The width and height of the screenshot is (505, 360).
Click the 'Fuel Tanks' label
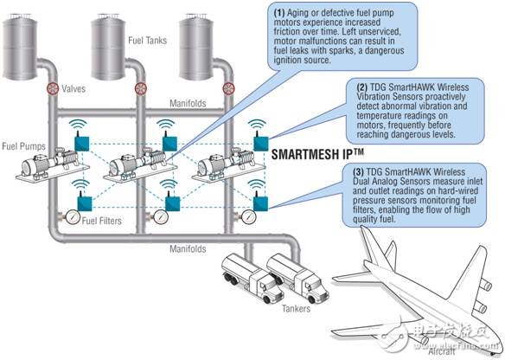pos(148,41)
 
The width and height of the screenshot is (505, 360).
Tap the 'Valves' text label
pos(74,88)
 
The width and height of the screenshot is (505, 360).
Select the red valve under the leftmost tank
pos(53,88)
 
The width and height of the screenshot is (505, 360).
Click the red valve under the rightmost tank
pos(228,88)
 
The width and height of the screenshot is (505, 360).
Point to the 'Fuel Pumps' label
pos(24,146)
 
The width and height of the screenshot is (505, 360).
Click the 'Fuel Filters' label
pos(102,221)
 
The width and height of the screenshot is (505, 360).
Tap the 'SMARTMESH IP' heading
pos(317,154)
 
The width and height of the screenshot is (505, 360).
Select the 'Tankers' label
pos(297,308)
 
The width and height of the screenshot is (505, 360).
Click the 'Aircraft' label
pos(442,351)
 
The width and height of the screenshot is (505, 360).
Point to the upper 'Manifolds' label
pos(188,103)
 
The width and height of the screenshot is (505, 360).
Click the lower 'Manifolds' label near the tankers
pos(188,249)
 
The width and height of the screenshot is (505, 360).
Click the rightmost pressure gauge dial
pos(248,217)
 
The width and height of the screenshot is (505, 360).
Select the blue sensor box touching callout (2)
pos(261,144)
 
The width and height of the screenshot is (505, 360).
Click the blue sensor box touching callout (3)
pos(260,204)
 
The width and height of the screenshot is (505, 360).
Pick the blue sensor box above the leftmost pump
pos(82,144)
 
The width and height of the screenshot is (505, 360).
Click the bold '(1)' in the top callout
pos(279,13)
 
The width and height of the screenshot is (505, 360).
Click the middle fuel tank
pos(108,47)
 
